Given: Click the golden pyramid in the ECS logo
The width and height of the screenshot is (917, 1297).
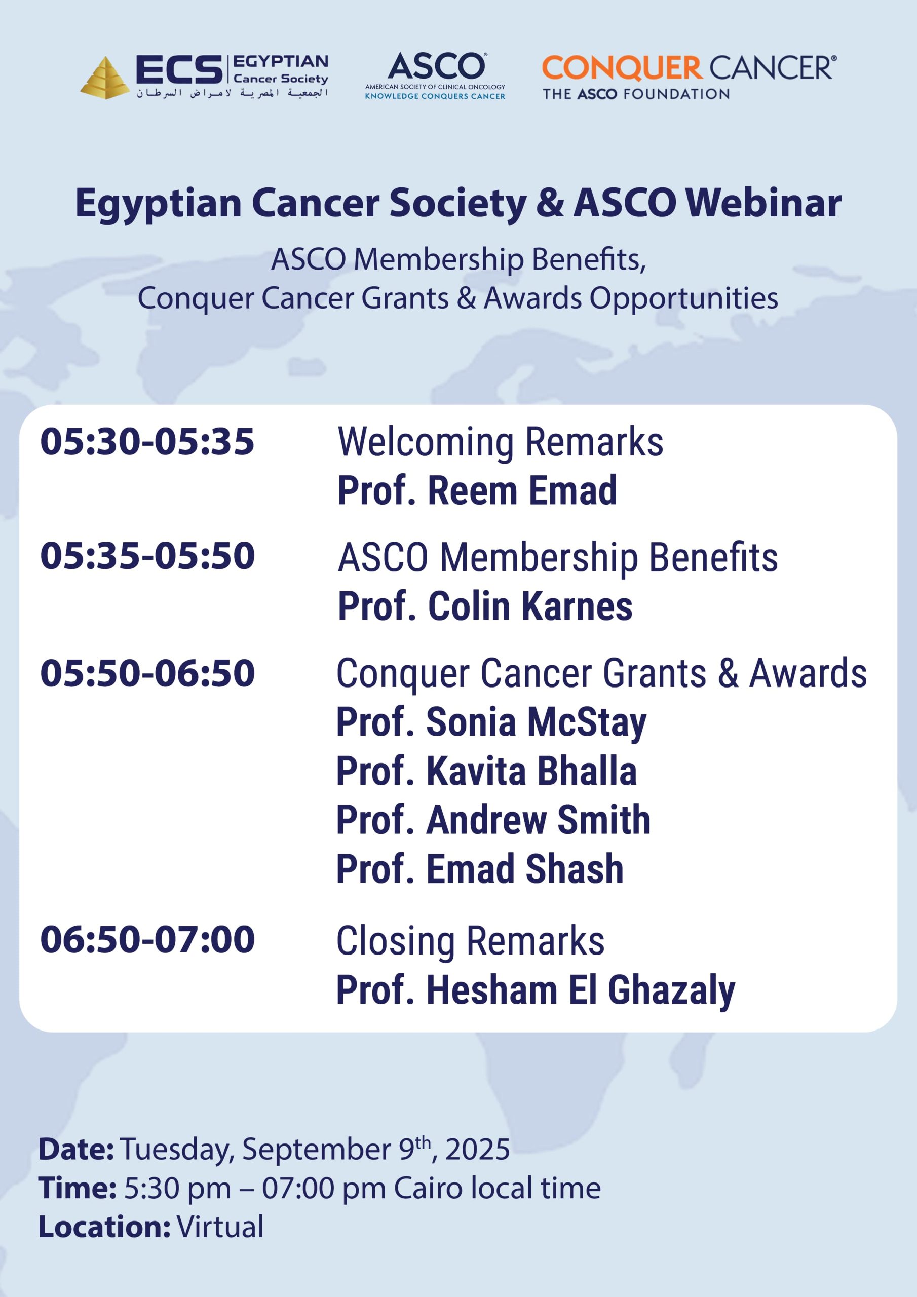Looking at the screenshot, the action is coord(104,78).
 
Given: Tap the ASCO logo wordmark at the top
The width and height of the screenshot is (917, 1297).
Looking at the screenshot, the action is coord(436,67).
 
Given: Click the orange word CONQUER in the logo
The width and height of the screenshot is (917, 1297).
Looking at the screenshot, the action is coord(622,68).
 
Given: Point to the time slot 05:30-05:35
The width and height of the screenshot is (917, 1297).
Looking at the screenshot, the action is coord(147,441).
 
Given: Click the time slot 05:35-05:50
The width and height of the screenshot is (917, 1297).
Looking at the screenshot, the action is coord(147,556).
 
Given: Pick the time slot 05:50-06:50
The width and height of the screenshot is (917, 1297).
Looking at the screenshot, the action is coord(147,673).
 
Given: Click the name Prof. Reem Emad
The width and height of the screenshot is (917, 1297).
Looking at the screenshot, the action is coord(477,490).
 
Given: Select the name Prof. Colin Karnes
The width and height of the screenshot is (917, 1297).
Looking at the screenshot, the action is coord(485,606).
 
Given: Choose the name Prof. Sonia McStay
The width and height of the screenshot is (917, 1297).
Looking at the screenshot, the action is coord(491,723).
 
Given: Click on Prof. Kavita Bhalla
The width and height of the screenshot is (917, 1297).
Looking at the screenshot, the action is coord(486,771).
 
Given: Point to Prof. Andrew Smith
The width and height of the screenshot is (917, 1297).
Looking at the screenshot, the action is coord(493,820).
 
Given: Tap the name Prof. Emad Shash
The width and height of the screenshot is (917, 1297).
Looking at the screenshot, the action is coord(480,869).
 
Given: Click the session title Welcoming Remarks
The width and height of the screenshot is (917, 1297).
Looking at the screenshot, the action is coord(501,442).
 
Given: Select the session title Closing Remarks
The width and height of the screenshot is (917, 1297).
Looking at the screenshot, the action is coord(471,941).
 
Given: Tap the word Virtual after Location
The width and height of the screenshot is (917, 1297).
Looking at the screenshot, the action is coord(220,1227).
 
